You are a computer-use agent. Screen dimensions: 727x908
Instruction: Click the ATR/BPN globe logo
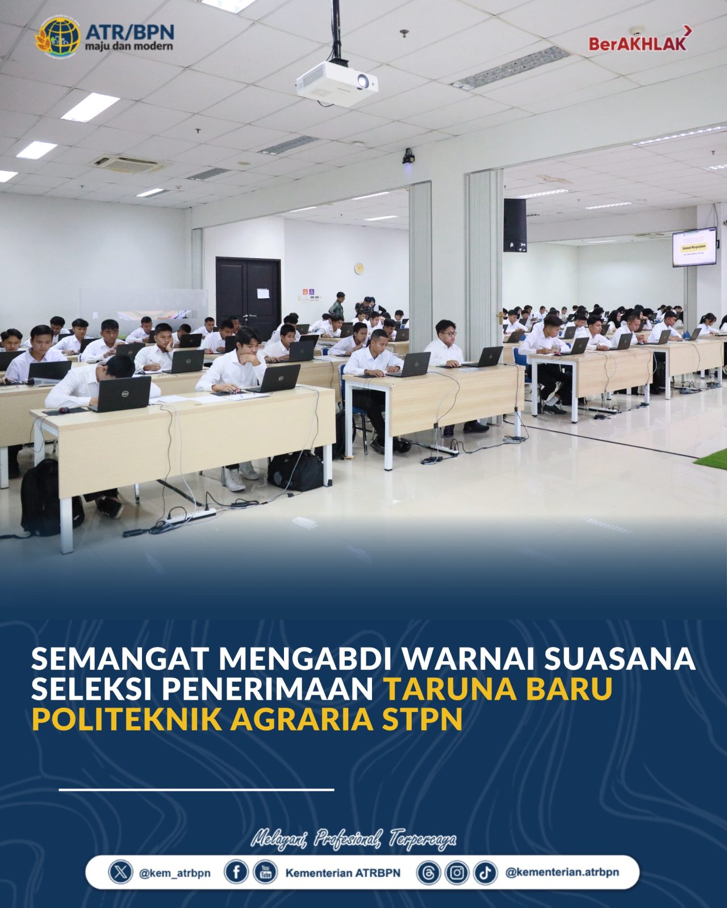(x=57, y=37)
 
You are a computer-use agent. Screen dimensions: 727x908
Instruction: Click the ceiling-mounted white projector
(x=337, y=83)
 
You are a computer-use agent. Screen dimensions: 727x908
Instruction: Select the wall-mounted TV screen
(x=695, y=247)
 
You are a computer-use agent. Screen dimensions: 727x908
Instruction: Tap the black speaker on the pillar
(x=515, y=225)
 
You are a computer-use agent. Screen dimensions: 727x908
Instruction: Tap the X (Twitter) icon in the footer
(x=120, y=872)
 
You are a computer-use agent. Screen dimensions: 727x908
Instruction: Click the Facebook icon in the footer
(x=236, y=872)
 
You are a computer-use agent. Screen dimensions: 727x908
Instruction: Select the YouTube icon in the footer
(x=265, y=872)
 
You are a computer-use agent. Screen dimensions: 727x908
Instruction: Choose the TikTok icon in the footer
(x=486, y=872)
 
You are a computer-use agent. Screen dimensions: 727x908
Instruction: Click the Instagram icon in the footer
(x=457, y=872)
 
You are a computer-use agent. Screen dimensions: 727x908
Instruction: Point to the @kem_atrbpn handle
(x=174, y=873)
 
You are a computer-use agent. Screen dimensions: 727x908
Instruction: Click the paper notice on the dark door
(x=263, y=293)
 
